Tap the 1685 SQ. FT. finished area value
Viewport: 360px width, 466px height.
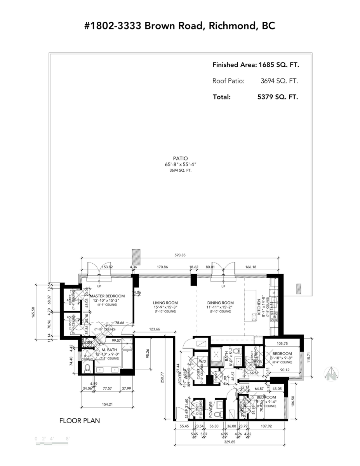[278, 65]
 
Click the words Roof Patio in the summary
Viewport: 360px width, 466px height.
[228, 81]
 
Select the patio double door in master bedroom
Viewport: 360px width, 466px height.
[99, 271]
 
